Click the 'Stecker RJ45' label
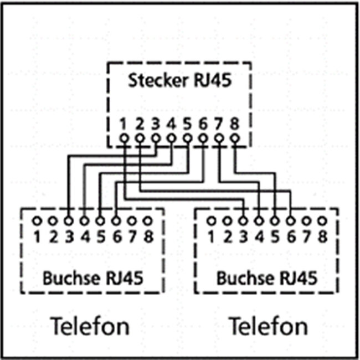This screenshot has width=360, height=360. pos(179,81)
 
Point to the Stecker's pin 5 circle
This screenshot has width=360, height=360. pos(187,138)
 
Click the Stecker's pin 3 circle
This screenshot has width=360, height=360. pos(156,138)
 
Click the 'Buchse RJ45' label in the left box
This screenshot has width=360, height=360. pos(92,277)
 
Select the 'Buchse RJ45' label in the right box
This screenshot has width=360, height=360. pos(266,277)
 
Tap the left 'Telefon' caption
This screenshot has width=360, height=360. pos(90,326)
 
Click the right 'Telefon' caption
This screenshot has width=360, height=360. pos(268,326)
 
